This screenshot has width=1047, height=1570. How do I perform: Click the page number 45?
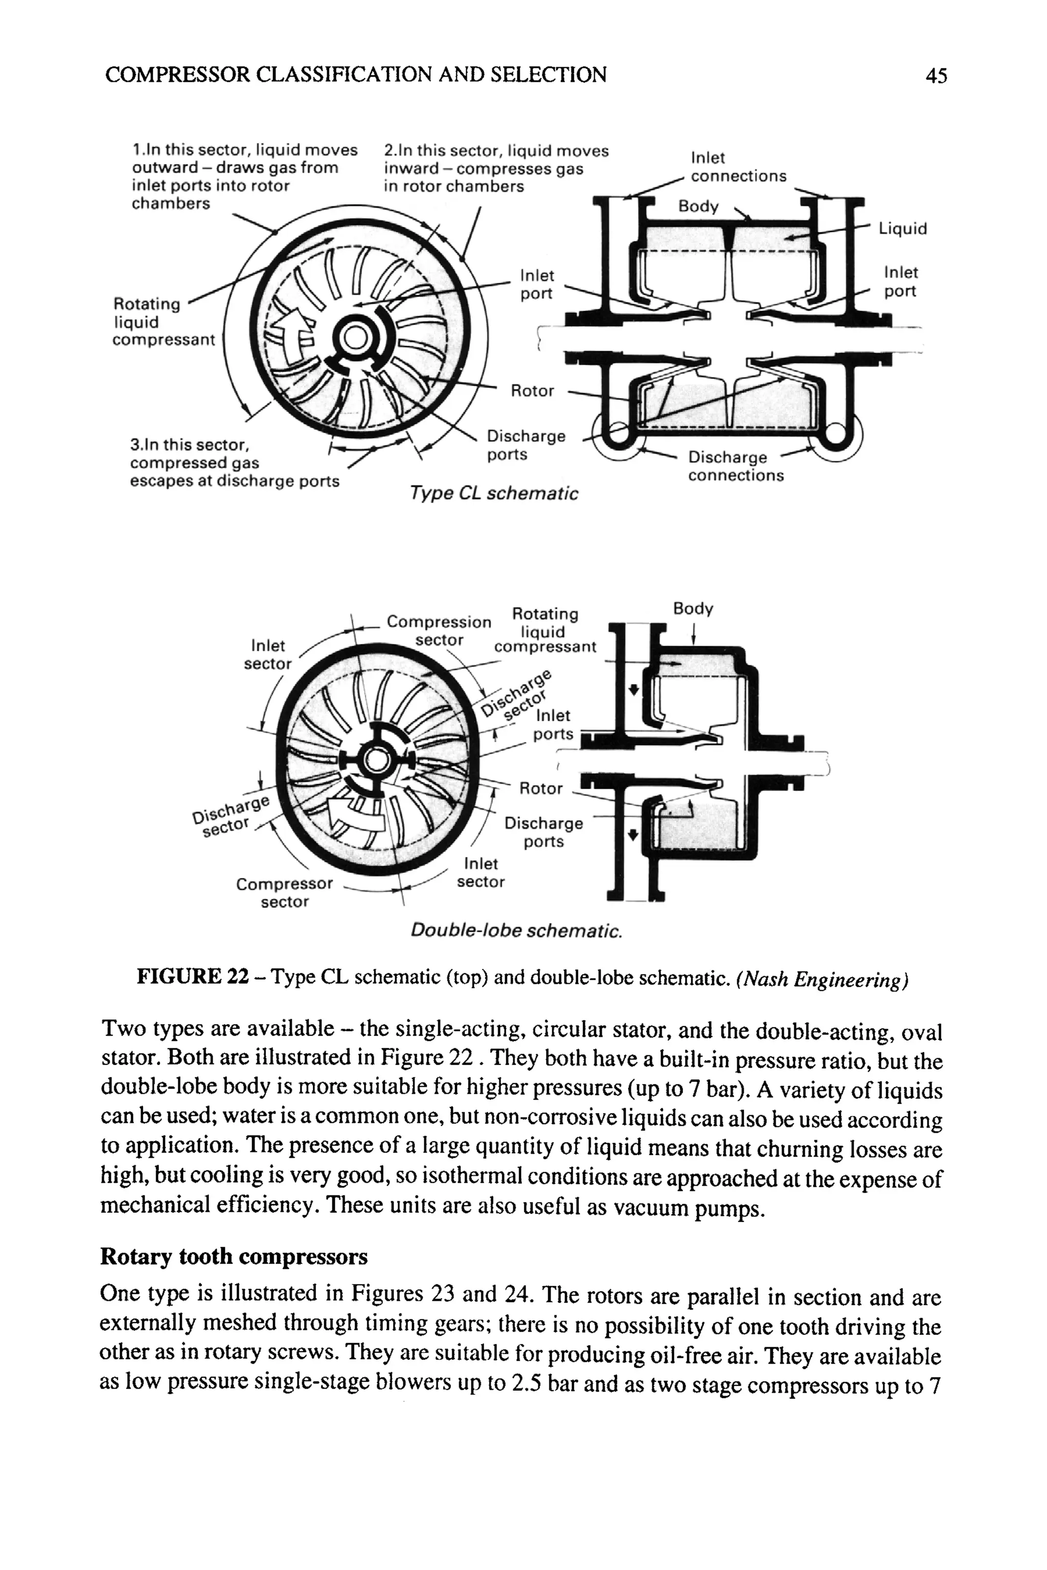(936, 76)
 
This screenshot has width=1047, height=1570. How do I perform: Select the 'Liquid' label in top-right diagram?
(903, 229)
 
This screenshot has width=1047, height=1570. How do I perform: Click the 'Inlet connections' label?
(738, 167)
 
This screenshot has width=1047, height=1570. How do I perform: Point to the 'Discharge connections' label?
(735, 466)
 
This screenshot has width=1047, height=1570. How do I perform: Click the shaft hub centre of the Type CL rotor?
(355, 340)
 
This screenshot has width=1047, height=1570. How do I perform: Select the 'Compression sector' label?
(439, 630)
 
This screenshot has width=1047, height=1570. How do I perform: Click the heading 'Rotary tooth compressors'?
(234, 1256)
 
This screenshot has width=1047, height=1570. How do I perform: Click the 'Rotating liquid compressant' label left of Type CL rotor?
(163, 322)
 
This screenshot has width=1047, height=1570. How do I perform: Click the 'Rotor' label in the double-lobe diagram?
(541, 789)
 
